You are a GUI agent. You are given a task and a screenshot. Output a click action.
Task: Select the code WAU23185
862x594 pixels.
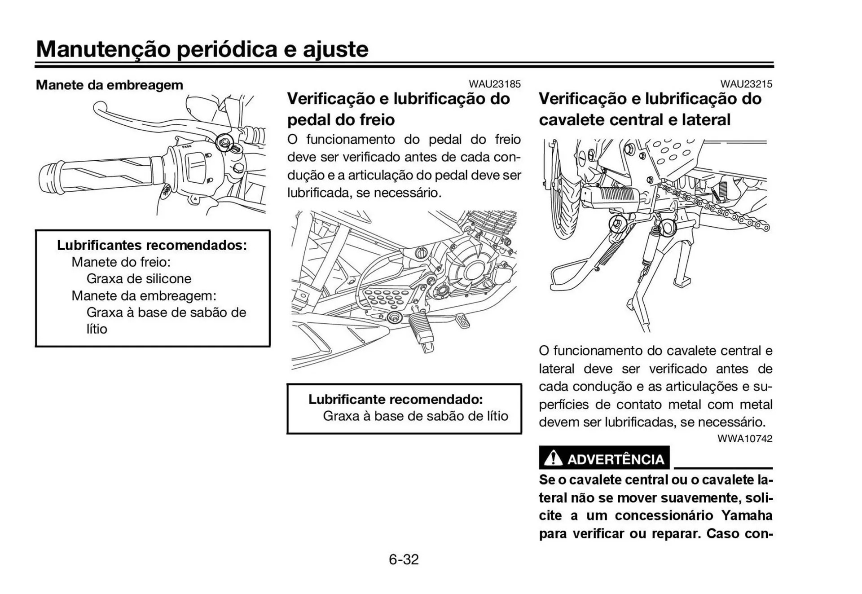(x=494, y=84)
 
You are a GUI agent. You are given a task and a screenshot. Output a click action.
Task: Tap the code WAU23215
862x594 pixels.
(x=746, y=84)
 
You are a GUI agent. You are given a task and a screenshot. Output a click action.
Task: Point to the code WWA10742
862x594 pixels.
(x=744, y=439)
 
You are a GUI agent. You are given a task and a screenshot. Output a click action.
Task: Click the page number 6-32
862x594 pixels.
(x=404, y=559)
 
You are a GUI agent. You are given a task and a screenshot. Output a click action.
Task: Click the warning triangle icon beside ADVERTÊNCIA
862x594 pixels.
(x=553, y=458)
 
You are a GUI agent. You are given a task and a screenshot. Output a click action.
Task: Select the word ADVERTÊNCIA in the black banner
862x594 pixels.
(x=616, y=459)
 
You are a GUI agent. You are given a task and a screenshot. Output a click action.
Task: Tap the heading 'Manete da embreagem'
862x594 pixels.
(x=109, y=85)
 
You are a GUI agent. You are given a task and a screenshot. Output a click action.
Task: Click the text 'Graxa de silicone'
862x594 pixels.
(x=139, y=278)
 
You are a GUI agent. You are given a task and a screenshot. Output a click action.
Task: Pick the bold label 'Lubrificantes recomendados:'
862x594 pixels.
(x=152, y=245)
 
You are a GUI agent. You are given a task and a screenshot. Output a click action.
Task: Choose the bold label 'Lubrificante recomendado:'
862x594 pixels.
(x=395, y=399)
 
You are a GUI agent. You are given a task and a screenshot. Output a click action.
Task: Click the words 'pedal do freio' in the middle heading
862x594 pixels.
(x=341, y=120)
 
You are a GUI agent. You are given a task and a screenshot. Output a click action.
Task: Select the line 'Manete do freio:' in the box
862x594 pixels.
(x=121, y=262)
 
